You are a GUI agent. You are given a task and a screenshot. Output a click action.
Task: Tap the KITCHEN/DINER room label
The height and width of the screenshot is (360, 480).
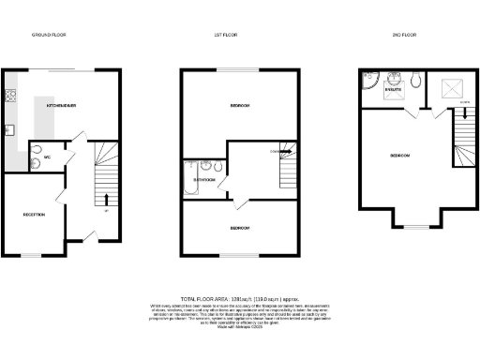pos(60,106)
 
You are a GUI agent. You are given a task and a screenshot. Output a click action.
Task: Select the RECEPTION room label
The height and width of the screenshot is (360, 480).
pos(35,215)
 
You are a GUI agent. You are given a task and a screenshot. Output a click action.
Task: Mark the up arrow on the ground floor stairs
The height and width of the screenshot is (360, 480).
pos(104,199)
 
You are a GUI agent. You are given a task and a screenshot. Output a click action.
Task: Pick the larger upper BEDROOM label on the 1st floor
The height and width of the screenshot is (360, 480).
pos(239,106)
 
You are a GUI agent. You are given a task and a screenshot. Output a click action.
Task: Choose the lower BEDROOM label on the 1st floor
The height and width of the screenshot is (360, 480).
pos(239,228)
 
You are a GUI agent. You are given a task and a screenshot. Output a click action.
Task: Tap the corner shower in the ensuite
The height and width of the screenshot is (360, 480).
pos(367,85)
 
